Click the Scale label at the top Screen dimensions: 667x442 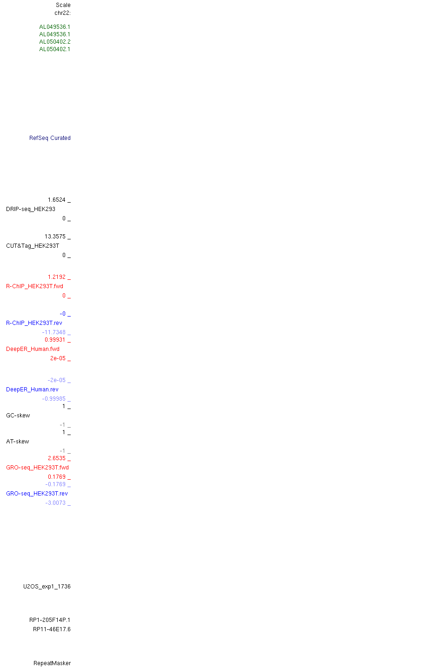[x=63, y=5]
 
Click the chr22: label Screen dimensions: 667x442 [x=62, y=13]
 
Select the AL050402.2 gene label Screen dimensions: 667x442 [x=54, y=42]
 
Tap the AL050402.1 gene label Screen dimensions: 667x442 [x=54, y=49]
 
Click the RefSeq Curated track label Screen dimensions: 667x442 [x=50, y=138]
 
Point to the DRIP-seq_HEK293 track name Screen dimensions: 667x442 [x=31, y=209]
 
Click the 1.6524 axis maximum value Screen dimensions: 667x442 [x=57, y=200]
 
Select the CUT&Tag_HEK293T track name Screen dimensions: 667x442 [x=33, y=246]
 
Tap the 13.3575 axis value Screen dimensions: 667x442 [x=55, y=237]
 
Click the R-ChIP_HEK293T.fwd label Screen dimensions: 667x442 [x=34, y=286]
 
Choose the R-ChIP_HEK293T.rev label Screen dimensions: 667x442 [x=34, y=323]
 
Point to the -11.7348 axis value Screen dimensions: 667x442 [x=54, y=332]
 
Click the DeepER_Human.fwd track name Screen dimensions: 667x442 [x=33, y=349]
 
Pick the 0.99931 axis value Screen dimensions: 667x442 [x=55, y=340]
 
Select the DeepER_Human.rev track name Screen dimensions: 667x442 [x=32, y=390]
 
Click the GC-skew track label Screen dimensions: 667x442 [x=18, y=416]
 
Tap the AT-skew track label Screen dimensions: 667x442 [x=18, y=442]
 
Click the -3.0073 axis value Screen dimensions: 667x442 [x=55, y=503]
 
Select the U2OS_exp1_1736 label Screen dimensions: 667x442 [x=47, y=587]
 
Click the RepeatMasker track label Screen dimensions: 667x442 [x=52, y=663]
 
